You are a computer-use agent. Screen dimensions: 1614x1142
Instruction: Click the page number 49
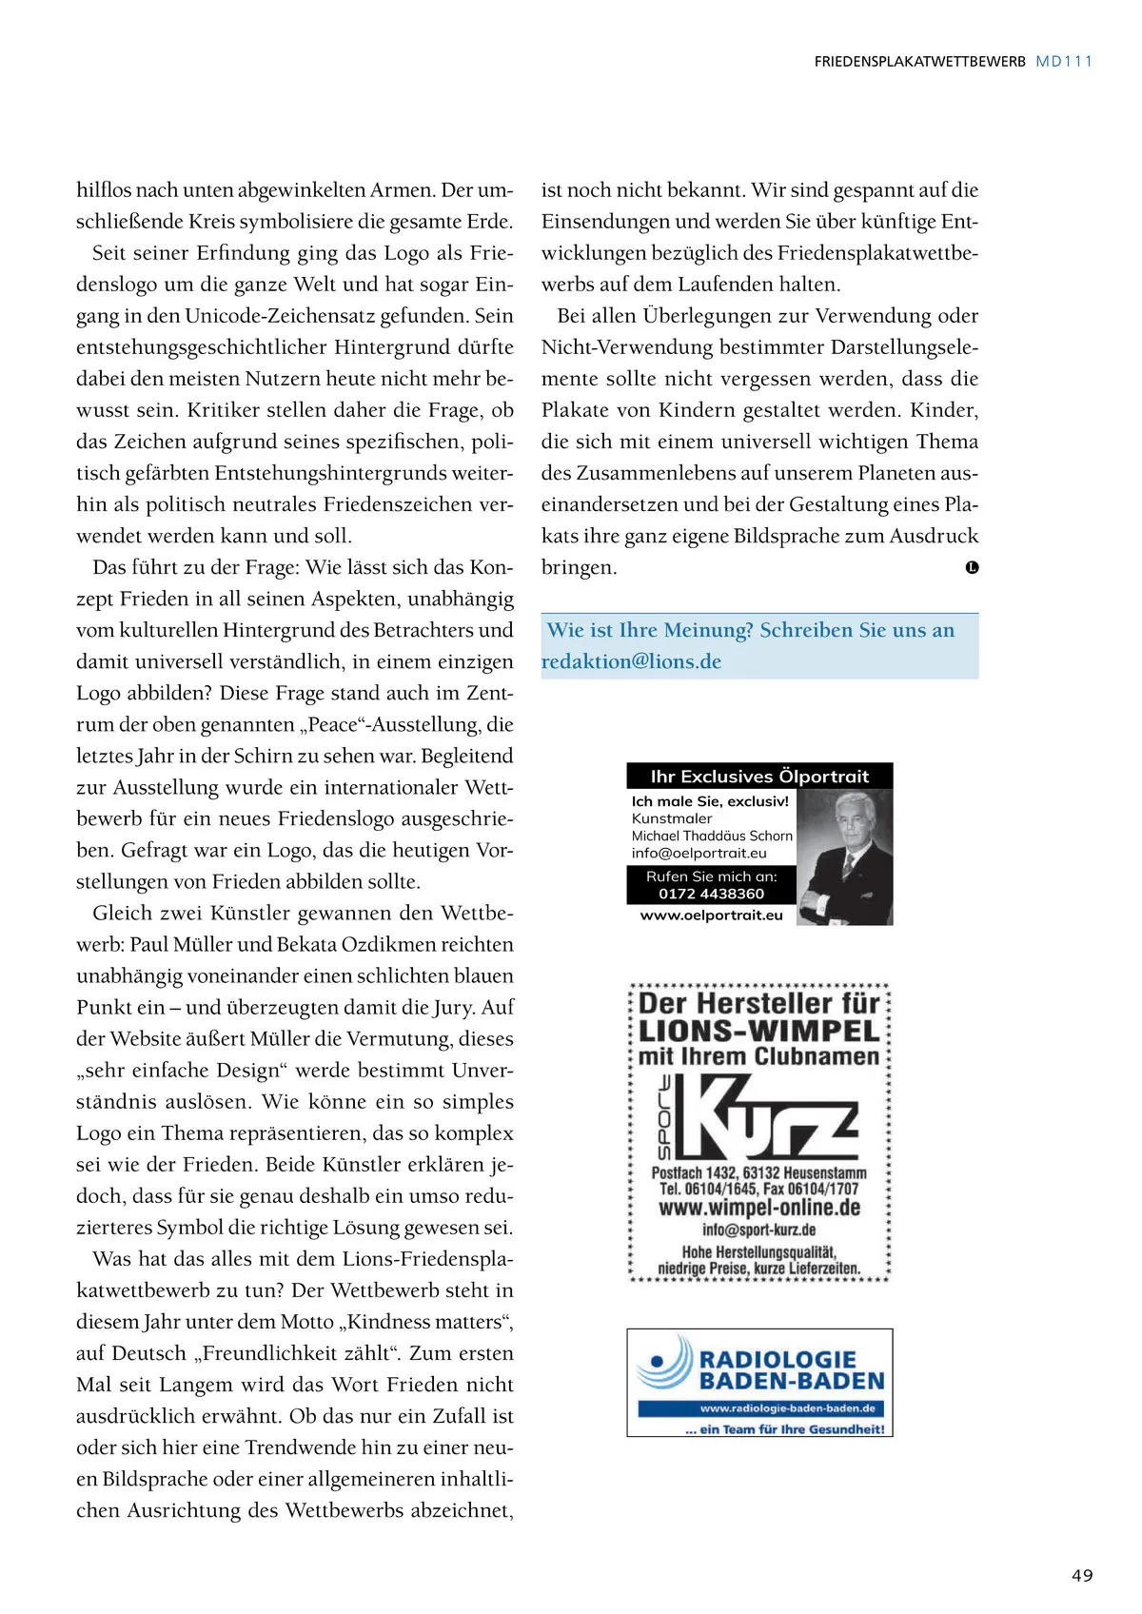(1082, 1575)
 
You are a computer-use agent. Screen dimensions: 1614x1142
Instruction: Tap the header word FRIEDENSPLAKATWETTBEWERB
(919, 61)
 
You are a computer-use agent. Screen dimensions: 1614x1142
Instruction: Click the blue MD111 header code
(1064, 61)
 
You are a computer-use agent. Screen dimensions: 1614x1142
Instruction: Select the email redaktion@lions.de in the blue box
(631, 661)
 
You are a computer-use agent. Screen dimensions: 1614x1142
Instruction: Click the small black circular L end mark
(972, 567)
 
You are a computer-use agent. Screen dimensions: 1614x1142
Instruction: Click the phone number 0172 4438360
(711, 894)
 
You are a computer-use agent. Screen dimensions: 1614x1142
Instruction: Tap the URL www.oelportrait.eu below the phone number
(711, 915)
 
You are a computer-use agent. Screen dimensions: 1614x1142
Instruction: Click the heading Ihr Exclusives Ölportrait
(759, 776)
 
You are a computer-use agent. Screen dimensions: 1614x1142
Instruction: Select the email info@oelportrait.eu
(699, 853)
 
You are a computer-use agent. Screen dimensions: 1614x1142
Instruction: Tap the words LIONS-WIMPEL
(758, 1031)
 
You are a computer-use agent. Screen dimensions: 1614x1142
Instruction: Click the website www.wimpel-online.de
(758, 1208)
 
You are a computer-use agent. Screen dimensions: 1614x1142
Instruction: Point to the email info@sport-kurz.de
(758, 1230)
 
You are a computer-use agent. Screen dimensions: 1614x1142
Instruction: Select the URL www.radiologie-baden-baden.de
(787, 1407)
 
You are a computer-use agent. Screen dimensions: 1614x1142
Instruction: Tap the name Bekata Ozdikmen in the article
(357, 944)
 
